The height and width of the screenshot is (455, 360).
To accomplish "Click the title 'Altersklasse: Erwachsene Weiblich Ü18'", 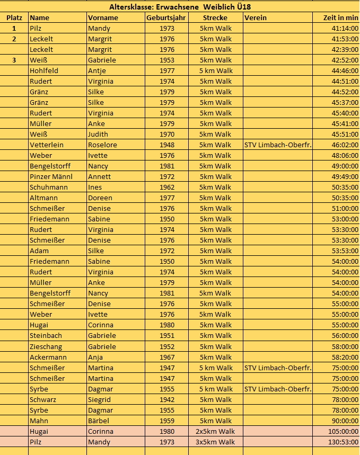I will (180, 7).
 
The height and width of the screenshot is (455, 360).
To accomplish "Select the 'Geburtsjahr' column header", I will (166, 17).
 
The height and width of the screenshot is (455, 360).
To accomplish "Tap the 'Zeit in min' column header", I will (341, 17).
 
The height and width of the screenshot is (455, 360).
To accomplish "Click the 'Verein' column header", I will (256, 17).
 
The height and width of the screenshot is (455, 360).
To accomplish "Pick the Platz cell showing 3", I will (14, 60).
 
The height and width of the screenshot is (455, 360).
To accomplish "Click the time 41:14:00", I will (345, 28).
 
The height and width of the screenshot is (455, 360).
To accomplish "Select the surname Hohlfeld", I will (44, 70).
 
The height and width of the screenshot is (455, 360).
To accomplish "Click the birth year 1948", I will (166, 145).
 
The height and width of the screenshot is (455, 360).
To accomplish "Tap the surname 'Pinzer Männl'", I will (51, 176).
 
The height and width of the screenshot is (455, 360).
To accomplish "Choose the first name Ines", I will (95, 187).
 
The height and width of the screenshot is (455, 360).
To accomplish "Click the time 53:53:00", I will (345, 251).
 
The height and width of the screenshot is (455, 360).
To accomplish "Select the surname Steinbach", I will (46, 335).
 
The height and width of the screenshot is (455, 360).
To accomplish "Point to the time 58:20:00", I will (345, 357).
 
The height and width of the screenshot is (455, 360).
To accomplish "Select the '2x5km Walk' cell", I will (215, 431).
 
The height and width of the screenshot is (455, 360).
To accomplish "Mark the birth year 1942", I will (166, 399).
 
